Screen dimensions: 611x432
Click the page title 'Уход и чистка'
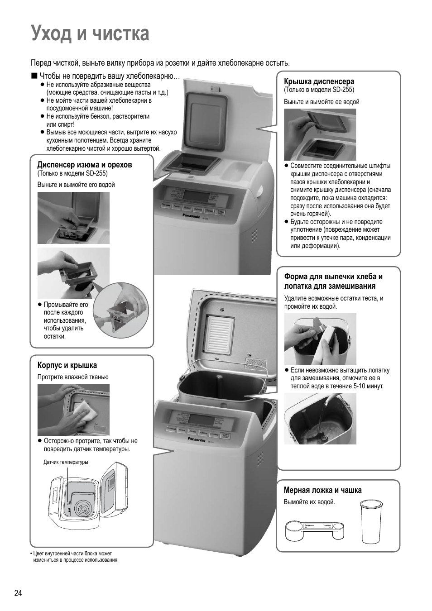(x=90, y=34)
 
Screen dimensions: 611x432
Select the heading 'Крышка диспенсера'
(x=319, y=81)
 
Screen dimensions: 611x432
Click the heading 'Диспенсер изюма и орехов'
(x=84, y=165)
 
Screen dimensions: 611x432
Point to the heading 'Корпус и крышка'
(x=67, y=365)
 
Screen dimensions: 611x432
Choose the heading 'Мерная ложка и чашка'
(x=322, y=490)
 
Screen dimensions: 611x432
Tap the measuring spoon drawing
(x=315, y=530)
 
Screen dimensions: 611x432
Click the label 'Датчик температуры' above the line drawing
(x=66, y=462)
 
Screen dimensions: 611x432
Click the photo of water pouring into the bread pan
(x=320, y=418)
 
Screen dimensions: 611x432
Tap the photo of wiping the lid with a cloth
(x=73, y=409)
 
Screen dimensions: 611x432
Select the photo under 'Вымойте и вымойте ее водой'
(x=320, y=134)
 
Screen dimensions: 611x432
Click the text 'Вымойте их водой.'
(x=309, y=502)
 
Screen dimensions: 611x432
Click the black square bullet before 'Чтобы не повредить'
(x=34, y=76)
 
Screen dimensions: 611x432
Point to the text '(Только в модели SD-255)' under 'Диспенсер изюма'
(x=72, y=173)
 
